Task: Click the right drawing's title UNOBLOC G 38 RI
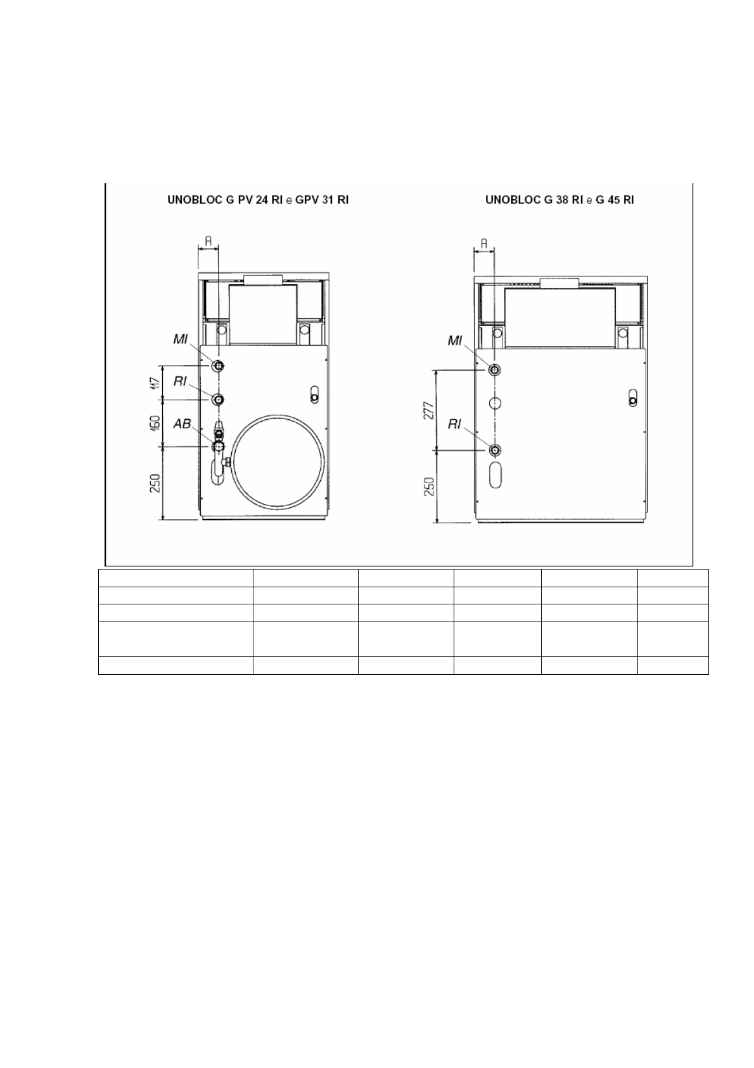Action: coord(534,200)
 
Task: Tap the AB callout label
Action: coord(182,424)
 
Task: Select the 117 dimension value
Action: coord(153,383)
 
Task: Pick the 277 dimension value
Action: coord(428,410)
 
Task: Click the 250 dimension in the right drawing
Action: coord(429,486)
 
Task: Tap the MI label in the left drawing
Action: coord(180,339)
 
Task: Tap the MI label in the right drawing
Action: coord(455,341)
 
